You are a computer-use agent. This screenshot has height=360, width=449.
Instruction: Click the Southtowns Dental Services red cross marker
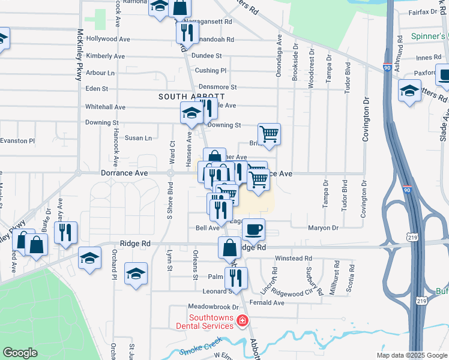coord(243,322)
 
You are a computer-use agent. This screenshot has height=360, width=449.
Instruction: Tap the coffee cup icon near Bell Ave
coord(253,229)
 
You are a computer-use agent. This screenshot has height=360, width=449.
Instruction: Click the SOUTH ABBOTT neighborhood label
coord(191,97)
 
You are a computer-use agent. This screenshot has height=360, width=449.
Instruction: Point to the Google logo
coord(20,353)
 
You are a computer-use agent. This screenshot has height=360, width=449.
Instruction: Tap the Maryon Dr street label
coord(324,228)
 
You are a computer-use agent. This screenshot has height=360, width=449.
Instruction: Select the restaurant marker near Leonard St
coord(236,278)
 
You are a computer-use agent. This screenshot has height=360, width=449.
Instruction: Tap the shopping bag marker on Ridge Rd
coord(230,247)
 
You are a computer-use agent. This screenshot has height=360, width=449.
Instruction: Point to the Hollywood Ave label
coord(108,39)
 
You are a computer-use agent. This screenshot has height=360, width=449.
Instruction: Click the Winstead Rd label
coord(294,259)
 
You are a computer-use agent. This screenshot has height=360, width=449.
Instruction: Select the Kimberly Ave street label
coord(105,56)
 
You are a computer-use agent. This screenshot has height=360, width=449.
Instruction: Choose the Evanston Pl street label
coord(17,140)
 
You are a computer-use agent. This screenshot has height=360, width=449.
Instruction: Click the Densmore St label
coord(218,87)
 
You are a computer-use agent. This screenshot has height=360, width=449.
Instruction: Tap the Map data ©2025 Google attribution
coord(412,355)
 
